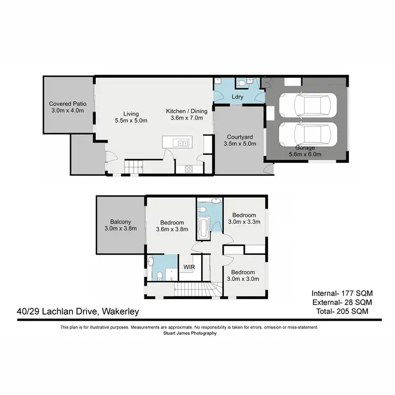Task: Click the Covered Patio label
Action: click(67, 104)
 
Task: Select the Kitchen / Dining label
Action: click(187, 111)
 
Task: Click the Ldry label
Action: click(237, 97)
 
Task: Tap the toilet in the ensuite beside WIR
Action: click(160, 276)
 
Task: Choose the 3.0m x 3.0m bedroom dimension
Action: click(243, 279)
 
